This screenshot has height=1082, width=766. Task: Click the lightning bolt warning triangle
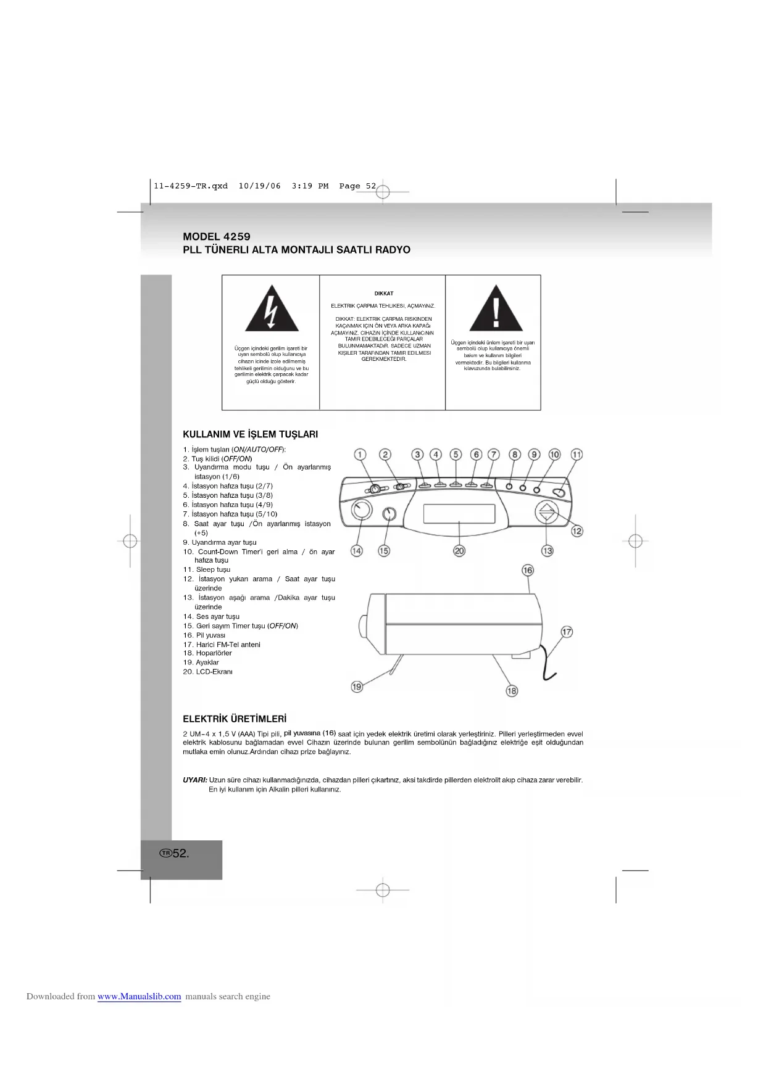point(272,310)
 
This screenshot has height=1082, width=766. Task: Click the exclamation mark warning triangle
point(496,310)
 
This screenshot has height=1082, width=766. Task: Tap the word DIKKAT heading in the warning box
point(383,294)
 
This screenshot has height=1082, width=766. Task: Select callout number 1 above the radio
point(360,455)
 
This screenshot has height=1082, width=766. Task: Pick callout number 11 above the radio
point(577,455)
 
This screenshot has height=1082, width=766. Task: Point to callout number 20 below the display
point(459,551)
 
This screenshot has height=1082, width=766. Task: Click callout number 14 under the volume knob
point(357,551)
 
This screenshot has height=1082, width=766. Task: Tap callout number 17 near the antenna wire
point(567,632)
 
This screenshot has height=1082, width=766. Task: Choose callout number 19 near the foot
point(357,687)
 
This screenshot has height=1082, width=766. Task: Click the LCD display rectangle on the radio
point(459,513)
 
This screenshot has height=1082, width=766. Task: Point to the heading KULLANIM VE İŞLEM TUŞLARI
point(250,434)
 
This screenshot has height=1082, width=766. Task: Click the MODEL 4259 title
point(217,237)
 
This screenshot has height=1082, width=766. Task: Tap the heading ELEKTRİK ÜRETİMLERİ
point(235,719)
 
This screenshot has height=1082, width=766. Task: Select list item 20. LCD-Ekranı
point(208,672)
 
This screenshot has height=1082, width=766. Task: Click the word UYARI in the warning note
point(195,780)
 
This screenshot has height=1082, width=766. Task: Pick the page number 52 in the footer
point(180,854)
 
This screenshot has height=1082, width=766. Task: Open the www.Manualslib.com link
point(139,996)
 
